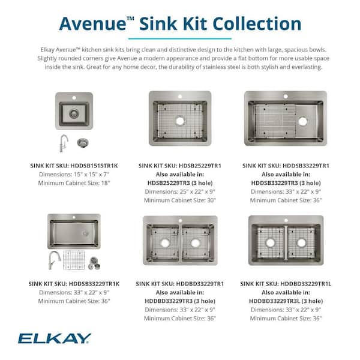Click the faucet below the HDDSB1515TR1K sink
[x=64, y=143]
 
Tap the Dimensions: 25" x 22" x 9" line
[x=179, y=191]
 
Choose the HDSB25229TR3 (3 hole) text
[x=179, y=182]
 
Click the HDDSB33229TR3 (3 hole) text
[x=286, y=182]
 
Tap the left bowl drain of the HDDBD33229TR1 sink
[x=163, y=243]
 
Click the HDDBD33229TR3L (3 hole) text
[x=286, y=301]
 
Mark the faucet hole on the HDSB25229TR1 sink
[x=179, y=96]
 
